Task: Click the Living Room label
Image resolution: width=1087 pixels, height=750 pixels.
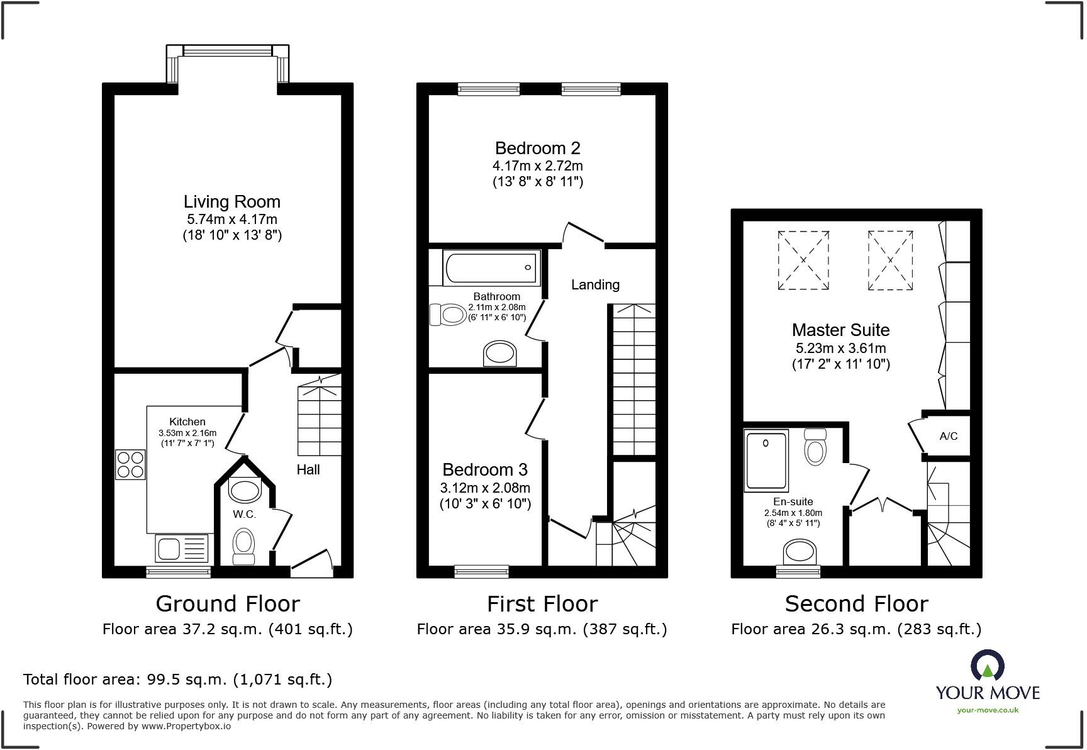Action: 231,202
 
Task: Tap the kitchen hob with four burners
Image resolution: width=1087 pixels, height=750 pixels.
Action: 130,464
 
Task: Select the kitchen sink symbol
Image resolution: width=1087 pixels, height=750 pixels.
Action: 182,548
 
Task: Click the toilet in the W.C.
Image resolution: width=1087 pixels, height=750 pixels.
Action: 243,546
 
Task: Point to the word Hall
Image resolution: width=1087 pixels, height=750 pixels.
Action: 308,470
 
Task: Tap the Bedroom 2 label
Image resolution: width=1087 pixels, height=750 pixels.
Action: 537,148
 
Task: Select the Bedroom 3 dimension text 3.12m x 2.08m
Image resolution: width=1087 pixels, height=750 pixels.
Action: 485,488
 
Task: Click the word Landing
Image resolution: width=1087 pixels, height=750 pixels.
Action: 595,285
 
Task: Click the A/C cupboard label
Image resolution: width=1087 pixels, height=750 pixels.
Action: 948,436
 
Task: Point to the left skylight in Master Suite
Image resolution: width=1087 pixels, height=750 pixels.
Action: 803,260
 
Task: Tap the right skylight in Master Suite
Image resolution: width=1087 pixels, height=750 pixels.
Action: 890,260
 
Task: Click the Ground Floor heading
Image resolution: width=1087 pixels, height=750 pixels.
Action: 228,604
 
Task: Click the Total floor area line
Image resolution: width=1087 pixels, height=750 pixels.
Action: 177,680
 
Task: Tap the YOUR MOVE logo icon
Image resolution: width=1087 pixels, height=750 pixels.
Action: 987,666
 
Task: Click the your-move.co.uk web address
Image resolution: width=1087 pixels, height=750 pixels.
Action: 988,710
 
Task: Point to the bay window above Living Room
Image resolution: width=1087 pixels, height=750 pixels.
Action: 228,51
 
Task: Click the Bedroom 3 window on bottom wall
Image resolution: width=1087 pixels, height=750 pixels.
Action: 481,571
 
